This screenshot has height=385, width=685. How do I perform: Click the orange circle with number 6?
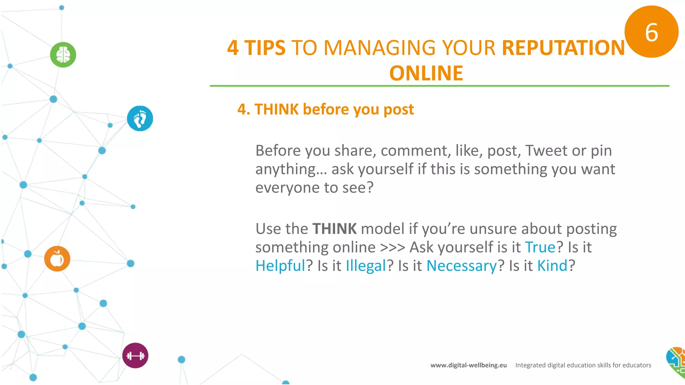pos(651,32)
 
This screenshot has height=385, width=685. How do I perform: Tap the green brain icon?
pos(63,55)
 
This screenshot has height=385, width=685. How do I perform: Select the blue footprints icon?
pos(140,118)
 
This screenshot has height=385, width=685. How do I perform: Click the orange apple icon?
pos(57,259)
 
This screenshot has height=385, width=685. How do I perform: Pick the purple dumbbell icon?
pos(135,356)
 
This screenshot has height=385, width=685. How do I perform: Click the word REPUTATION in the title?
pos(563,48)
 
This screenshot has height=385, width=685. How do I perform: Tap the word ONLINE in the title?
pos(426,73)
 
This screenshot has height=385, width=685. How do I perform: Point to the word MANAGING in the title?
pos(380,48)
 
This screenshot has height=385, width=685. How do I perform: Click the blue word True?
pos(540,247)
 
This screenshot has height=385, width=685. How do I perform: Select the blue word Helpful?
pos(280,266)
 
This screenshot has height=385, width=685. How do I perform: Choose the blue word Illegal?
pos(366,266)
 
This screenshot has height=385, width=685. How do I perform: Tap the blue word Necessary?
pos(462,266)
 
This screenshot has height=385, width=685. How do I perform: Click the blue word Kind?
pos(552,266)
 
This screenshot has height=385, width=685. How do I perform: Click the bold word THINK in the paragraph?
pos(334,229)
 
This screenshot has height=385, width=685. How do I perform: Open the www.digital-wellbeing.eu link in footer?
pos(468,365)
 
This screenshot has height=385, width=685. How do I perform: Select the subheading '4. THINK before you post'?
pos(325,109)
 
